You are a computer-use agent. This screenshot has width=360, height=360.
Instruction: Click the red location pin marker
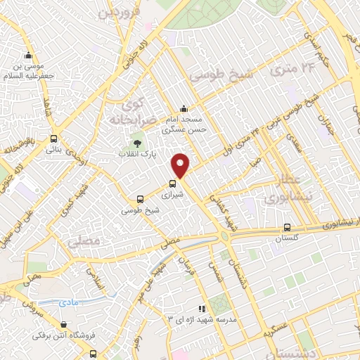pyautogui.click(x=181, y=165)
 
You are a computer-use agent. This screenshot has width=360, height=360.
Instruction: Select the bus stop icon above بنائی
pyautogui.click(x=53, y=139)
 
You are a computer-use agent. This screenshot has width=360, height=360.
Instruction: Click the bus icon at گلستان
pyautogui.click(x=286, y=227)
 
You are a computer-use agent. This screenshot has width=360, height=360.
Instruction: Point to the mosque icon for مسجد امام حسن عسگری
pyautogui.click(x=184, y=108)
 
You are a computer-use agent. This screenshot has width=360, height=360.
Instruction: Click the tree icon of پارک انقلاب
pyautogui.click(x=137, y=145)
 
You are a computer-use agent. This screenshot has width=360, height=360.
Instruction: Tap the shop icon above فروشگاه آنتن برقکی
pyautogui.click(x=64, y=325)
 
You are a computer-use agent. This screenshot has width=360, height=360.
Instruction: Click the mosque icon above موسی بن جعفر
pyautogui.click(x=28, y=56)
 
